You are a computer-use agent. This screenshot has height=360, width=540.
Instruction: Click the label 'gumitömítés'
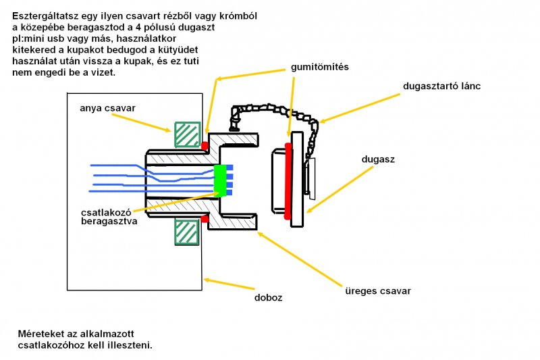[319, 67]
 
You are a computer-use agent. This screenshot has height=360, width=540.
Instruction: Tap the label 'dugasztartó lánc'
[441, 86]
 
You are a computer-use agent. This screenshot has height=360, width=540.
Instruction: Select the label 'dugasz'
[378, 159]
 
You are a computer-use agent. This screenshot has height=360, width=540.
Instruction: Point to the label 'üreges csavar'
[378, 291]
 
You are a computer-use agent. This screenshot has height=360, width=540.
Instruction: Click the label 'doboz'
[268, 298]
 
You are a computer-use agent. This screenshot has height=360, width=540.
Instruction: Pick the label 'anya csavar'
[107, 108]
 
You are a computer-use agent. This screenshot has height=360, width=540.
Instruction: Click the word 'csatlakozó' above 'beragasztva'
[106, 212]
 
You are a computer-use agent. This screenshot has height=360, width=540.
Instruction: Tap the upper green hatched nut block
[188, 134]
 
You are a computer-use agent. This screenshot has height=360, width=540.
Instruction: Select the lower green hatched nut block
[187, 232]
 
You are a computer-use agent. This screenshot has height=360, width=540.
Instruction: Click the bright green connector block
[221, 180]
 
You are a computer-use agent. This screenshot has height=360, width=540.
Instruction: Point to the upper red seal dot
[205, 145]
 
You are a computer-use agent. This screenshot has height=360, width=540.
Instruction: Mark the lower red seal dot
[205, 219]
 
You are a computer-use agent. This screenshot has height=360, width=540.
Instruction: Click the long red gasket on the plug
[288, 181]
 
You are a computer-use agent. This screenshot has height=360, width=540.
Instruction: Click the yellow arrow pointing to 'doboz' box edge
[230, 284]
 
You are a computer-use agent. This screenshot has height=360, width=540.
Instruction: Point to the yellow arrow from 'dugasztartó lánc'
[360, 108]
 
